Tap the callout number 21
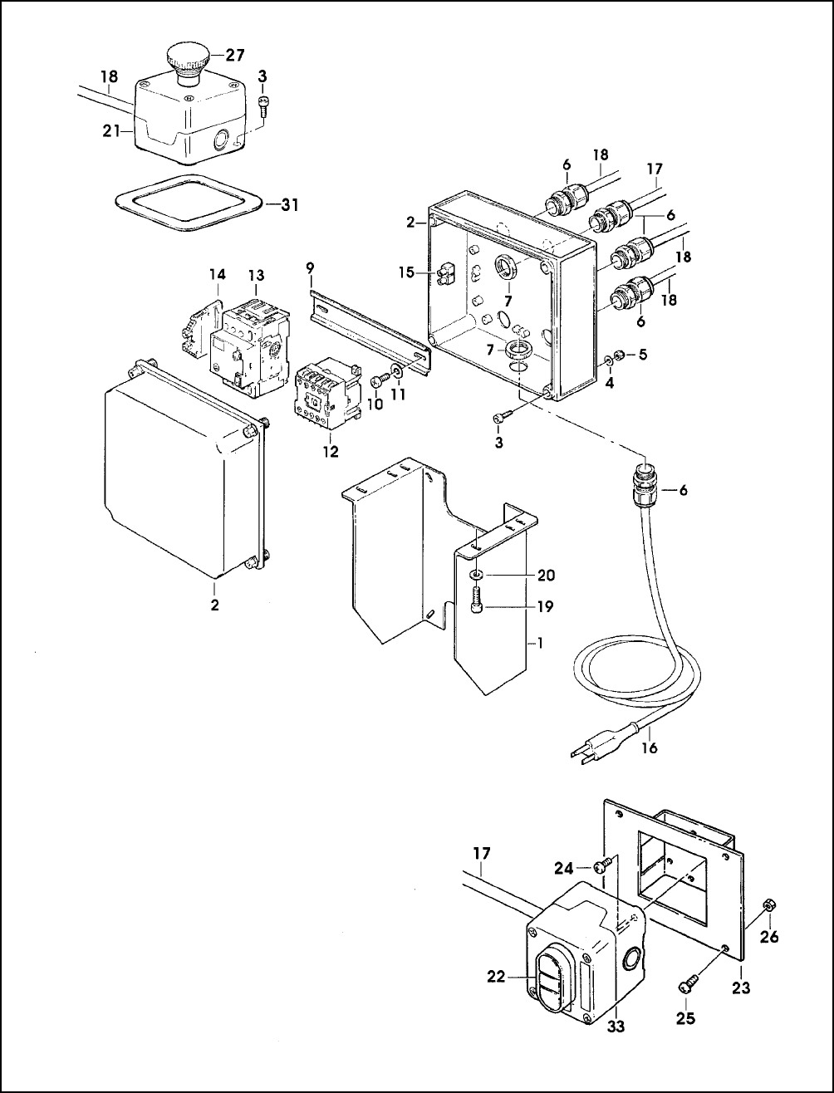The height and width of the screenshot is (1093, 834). [x=111, y=131]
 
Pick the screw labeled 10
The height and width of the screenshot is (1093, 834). [x=382, y=382]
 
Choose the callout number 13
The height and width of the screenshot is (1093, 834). [x=256, y=276]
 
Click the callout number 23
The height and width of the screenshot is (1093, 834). [x=741, y=987]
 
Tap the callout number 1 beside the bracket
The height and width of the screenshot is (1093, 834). [x=539, y=643]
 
